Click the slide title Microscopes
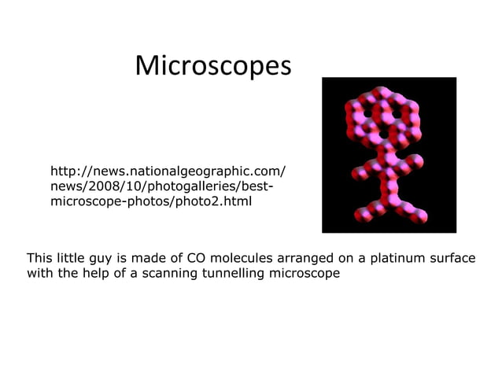coord(212,66)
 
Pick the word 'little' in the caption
coord(73,258)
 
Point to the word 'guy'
coord(106,259)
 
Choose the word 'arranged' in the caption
coord(300,258)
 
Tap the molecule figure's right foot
coord(422,214)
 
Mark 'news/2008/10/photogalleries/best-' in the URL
coord(161,187)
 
